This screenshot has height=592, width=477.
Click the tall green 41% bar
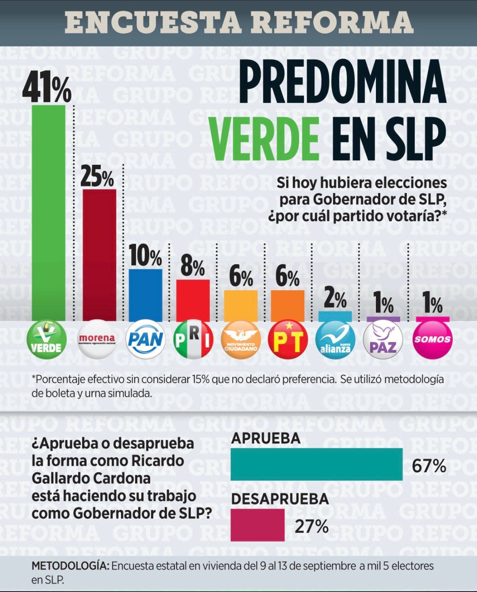[x=49, y=213]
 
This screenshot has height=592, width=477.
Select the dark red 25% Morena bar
[x=99, y=255]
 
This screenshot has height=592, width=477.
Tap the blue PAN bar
[x=146, y=295]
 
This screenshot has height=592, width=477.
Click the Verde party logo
[x=47, y=340]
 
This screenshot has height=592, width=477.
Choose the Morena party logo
[x=97, y=340]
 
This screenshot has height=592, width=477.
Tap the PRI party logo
[x=193, y=340]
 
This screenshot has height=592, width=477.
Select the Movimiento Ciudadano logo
[x=241, y=340]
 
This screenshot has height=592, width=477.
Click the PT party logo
[x=288, y=340]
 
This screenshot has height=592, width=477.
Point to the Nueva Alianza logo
[x=335, y=340]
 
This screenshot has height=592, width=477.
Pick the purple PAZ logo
[x=383, y=340]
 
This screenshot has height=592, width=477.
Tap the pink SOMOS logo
[x=432, y=340]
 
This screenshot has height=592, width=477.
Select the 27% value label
[x=312, y=527]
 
